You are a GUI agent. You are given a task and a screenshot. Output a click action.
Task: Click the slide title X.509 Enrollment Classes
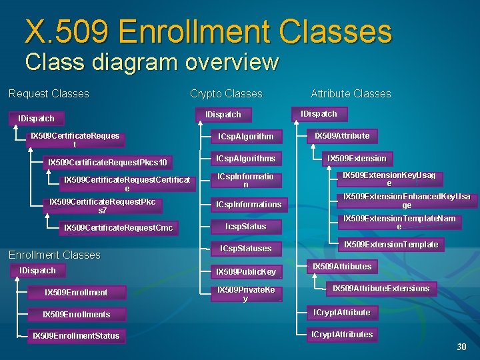[208, 31]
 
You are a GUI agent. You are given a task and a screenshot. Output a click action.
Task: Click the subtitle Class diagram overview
[151, 62]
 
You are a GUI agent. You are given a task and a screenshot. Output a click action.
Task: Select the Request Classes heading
[49, 93]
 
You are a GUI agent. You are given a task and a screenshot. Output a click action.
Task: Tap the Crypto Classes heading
[226, 94]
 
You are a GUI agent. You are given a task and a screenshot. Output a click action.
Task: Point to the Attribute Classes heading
[351, 94]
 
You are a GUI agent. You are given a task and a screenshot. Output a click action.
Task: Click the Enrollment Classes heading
[54, 255]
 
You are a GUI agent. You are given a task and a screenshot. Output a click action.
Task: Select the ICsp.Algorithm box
[246, 136]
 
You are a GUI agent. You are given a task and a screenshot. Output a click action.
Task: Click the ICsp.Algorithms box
[246, 159]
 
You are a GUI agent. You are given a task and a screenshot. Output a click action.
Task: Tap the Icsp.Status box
[246, 227]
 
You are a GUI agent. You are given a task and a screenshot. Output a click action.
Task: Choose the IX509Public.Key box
[246, 271]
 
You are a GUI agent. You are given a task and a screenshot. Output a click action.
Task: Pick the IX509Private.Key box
[246, 294]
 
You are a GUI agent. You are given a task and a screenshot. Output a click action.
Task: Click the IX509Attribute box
[342, 136]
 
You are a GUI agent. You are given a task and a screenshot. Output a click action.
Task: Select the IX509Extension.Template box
[391, 245]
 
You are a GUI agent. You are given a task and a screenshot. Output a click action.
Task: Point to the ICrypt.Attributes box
[342, 335]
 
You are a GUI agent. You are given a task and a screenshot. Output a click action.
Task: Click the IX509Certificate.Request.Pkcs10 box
[107, 163]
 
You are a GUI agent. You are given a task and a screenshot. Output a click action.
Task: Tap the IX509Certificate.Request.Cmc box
[118, 228]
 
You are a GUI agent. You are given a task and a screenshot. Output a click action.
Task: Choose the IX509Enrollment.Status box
[76, 335]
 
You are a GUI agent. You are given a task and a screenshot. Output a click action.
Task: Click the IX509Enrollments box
[77, 314]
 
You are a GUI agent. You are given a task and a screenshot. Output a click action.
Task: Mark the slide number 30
[461, 347]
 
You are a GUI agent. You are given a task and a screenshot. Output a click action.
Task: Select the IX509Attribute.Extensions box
[381, 289]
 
